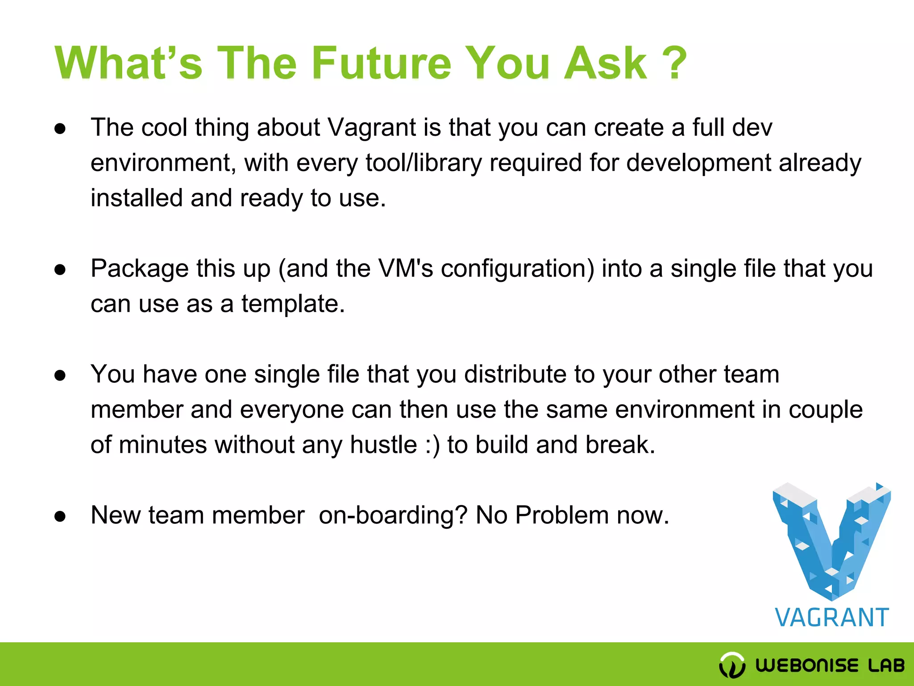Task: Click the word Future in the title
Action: coord(381,63)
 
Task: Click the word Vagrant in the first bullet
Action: coord(371,128)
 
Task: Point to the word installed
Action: coord(137,198)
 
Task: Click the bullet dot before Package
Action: coord(60,270)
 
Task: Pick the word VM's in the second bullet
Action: coord(405,269)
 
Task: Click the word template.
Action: coord(293,304)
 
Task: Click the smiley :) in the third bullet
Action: coord(432,445)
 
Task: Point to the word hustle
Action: coord(383,445)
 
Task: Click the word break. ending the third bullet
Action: coord(620,445)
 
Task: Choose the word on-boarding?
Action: coord(393,515)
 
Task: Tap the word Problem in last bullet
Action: coord(562,515)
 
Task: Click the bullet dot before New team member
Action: coord(60,517)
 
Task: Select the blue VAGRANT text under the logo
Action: coord(832,618)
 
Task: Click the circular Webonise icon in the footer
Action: coord(732,665)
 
